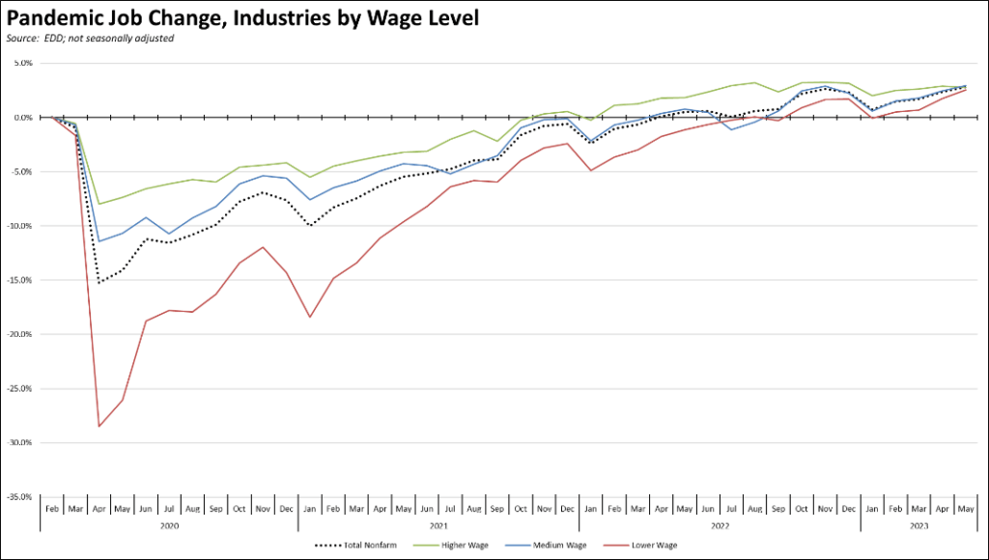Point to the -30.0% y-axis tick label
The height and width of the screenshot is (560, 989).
point(19,443)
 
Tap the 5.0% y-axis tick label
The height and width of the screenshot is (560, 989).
point(22,64)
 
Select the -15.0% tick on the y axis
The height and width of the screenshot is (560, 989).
point(19,280)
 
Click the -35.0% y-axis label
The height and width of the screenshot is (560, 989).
point(19,497)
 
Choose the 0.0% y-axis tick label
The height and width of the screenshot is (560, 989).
point(22,118)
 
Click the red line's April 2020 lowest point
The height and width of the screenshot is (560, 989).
point(99,426)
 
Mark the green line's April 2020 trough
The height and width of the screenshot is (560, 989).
point(99,204)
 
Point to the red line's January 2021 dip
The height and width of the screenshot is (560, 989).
point(309,317)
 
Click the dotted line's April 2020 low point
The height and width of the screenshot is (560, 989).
point(99,283)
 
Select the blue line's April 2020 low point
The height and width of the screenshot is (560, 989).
point(99,241)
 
